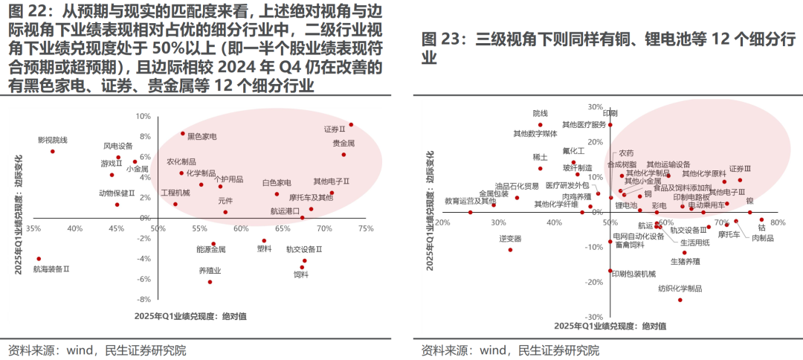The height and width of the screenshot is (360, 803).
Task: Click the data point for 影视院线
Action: click(53, 152)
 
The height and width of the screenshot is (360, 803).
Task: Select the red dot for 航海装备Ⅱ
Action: click(39, 259)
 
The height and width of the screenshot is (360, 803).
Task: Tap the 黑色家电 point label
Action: click(201, 137)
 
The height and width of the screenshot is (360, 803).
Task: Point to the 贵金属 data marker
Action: click(344, 155)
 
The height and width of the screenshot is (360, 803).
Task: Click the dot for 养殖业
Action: click(210, 282)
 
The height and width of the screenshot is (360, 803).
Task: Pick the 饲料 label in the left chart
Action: click(300, 274)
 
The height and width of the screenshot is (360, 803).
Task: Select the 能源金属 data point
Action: click(213, 244)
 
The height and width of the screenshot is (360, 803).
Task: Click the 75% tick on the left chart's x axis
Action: click(365, 228)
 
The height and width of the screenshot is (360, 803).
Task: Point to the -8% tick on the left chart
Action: click(143, 299)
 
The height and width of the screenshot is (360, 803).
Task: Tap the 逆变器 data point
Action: click(510, 250)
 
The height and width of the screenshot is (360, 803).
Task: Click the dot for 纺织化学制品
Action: click(680, 300)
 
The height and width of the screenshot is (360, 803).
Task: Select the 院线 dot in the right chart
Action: click(541, 125)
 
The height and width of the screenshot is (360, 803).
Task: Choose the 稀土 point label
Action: click(541, 158)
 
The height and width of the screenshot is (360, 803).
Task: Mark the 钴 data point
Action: click(761, 220)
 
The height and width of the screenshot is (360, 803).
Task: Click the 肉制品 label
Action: click(762, 238)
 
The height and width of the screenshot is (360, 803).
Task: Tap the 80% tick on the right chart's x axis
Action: click(778, 222)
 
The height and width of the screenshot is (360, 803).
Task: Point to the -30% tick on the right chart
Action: click(593, 317)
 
